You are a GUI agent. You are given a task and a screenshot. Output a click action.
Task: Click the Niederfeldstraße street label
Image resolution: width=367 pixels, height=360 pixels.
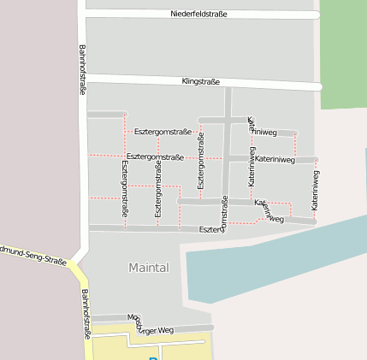pyautogui.click(x=198, y=15)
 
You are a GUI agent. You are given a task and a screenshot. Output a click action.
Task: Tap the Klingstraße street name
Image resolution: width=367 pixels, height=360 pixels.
pyautogui.click(x=201, y=82)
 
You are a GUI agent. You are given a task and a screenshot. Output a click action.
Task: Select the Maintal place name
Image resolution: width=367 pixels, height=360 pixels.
pyautogui.click(x=149, y=268)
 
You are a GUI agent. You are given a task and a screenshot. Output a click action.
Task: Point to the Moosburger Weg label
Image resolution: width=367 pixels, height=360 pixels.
pyautogui.click(x=151, y=323)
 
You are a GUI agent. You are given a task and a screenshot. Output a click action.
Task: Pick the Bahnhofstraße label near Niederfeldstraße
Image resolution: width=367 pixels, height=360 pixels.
pyautogui.click(x=83, y=68)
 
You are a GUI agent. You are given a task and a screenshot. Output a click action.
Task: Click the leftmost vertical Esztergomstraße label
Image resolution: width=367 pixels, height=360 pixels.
pyautogui.click(x=126, y=187)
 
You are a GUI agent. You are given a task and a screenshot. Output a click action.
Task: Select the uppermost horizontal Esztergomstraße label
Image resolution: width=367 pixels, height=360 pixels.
pyautogui.click(x=163, y=132)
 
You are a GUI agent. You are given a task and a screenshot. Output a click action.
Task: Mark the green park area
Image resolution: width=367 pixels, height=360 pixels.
pyautogui.click(x=343, y=51)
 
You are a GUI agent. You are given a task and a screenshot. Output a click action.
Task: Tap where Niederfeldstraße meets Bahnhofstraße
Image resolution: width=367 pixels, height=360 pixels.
pyautogui.click(x=83, y=13)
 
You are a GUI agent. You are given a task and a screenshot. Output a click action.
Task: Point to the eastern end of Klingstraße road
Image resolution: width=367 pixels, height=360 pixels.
pyautogui.click(x=318, y=86)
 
